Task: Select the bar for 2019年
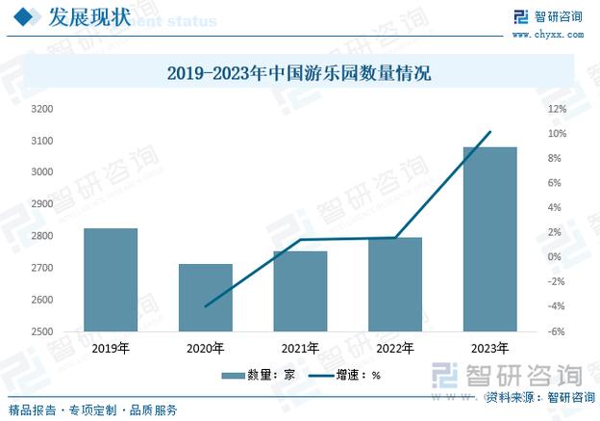(111, 279)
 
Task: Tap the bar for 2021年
(300, 291)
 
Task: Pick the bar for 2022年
(395, 284)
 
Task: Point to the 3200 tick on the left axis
(41, 109)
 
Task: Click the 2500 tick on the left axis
(41, 331)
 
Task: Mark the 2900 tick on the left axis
(41, 204)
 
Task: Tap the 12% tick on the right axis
(556, 109)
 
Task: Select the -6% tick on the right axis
(556, 331)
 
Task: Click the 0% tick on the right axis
(556, 257)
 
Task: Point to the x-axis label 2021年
(300, 348)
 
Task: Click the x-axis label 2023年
(489, 348)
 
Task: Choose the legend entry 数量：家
(252, 375)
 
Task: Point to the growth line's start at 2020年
(205, 306)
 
